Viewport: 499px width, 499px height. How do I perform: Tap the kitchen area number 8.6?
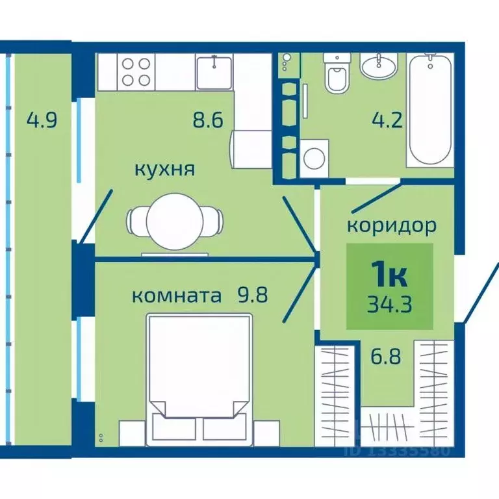coord(209,120)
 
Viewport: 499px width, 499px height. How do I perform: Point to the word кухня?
coord(164,170)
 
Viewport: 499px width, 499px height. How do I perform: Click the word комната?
coord(173,296)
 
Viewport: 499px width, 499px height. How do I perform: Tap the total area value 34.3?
coord(389,304)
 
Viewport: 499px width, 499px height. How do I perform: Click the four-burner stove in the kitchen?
coord(136,71)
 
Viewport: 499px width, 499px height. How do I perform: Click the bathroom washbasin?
coord(379,66)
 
